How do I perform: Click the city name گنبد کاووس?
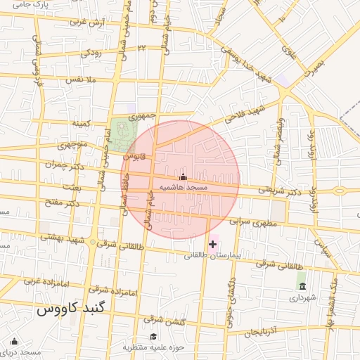tap(70, 309)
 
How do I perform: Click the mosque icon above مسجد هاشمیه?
tap(184, 177)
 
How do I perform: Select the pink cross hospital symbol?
tap(213, 243)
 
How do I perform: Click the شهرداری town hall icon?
tap(302, 286)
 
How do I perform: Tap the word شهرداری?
tap(303, 297)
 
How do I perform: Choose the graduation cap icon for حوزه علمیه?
tap(153, 336)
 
